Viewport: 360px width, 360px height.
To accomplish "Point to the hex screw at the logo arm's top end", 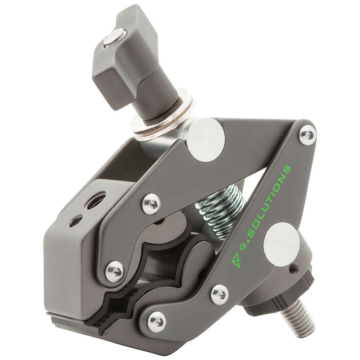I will (307, 135).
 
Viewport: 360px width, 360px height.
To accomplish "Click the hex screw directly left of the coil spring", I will (151, 204).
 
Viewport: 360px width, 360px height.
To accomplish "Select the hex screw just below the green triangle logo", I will (219, 294).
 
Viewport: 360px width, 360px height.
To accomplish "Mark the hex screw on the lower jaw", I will (157, 320).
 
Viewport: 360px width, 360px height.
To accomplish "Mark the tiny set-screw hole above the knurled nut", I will (294, 267).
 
